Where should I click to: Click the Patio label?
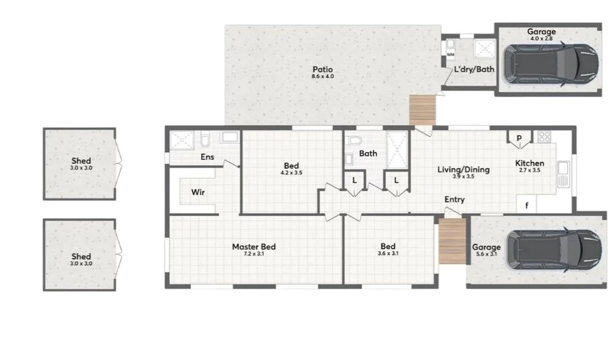point(322,69)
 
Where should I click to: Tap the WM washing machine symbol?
point(450,55)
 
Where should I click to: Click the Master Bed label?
point(253,246)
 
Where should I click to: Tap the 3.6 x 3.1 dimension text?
point(388,253)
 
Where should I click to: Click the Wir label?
point(198,192)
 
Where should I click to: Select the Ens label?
point(207,156)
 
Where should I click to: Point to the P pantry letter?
point(520,137)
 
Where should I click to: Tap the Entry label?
point(454,200)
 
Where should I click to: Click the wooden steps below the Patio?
point(422,110)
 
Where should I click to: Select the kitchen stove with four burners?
point(544,137)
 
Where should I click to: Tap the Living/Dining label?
point(463,169)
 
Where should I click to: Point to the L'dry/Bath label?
point(474,70)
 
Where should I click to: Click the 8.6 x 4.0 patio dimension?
point(322,76)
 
